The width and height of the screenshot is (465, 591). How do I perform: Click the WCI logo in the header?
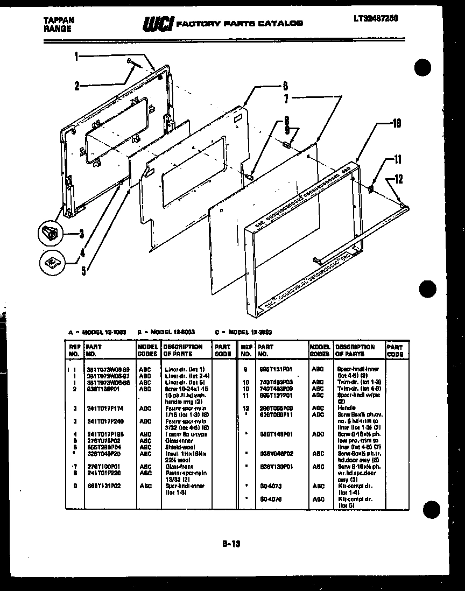point(157,24)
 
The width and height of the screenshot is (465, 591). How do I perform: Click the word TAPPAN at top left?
point(59,20)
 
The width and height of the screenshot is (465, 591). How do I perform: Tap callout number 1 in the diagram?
point(76,55)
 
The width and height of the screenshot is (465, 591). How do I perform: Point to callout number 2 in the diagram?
point(77,85)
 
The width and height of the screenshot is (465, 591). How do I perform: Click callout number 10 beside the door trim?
point(397,123)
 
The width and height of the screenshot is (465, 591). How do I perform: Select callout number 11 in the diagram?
point(398,159)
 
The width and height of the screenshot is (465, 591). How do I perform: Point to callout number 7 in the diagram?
point(286,99)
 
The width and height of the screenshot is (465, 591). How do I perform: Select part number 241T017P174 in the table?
point(105,409)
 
